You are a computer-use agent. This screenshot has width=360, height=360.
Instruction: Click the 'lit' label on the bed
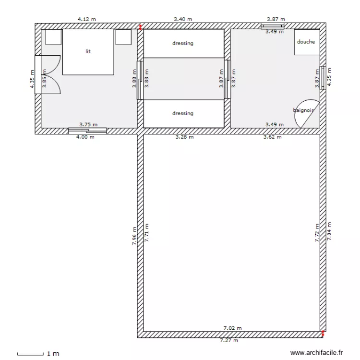click(x=88, y=51)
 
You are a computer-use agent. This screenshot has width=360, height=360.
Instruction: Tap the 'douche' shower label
click(x=306, y=42)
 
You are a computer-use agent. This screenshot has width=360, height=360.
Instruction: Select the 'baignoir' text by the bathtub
click(x=303, y=110)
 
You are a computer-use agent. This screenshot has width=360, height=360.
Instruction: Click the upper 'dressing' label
click(x=182, y=43)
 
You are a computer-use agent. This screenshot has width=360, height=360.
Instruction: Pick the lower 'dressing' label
click(x=182, y=113)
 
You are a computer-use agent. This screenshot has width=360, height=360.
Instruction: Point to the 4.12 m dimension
click(x=87, y=19)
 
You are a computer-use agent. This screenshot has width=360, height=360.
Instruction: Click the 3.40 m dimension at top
click(x=183, y=19)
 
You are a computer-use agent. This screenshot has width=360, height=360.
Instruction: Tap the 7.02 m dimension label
click(x=232, y=328)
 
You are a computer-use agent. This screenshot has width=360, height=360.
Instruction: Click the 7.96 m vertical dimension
click(x=135, y=236)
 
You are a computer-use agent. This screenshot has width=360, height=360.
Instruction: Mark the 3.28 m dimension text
click(x=184, y=137)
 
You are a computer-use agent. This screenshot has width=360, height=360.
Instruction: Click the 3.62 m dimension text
click(x=272, y=137)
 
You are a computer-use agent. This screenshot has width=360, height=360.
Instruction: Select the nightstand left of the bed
click(x=53, y=36)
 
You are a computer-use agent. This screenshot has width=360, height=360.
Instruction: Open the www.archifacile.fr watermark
click(x=318, y=353)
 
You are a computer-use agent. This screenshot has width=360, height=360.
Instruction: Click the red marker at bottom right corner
click(x=323, y=332)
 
